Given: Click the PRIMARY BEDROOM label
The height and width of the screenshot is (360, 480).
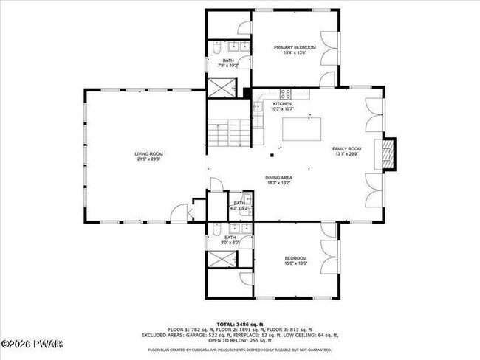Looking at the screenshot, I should (295, 48).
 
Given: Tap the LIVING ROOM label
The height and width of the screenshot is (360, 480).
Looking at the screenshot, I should (148, 154).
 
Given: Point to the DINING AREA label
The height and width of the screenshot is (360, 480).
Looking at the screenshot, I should (280, 178).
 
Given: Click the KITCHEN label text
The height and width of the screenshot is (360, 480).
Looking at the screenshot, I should (282, 104).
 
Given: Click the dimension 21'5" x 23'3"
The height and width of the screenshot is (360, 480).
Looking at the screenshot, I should (148, 159).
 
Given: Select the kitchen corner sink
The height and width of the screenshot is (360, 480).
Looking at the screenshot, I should (258, 106).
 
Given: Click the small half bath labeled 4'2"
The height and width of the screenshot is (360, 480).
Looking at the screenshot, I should (239, 206).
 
